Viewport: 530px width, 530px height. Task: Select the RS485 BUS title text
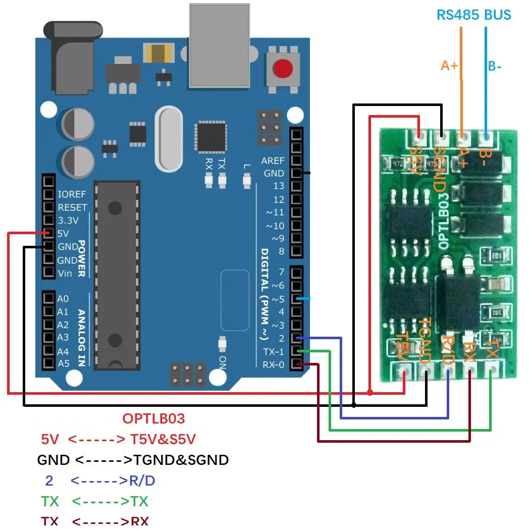[473, 15]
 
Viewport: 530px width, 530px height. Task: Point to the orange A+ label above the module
[449, 66]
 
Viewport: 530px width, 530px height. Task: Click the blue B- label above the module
[494, 66]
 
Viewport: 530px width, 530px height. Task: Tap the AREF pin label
[273, 161]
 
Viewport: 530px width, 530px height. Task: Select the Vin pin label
[65, 273]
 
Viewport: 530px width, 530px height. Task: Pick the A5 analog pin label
[63, 363]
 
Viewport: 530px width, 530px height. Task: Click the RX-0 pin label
[274, 364]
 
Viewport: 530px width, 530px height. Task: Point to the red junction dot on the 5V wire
[370, 392]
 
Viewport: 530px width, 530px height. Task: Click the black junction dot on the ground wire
[354, 405]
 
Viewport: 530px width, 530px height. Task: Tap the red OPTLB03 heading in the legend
[153, 418]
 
